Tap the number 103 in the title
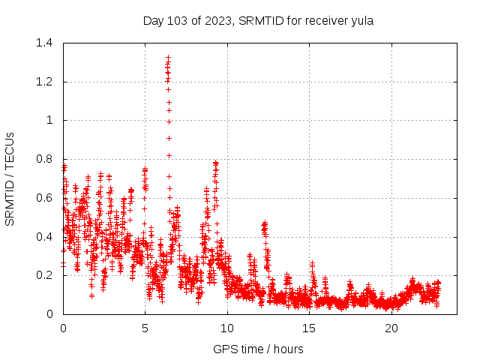(x=179, y=21)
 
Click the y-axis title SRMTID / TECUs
(x=10, y=178)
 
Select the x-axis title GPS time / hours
(x=258, y=349)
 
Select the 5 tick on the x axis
(x=145, y=328)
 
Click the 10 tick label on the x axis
(x=227, y=328)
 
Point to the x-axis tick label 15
(x=309, y=328)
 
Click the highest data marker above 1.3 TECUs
(x=168, y=57)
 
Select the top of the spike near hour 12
(x=264, y=223)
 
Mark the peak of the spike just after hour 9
(x=216, y=162)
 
